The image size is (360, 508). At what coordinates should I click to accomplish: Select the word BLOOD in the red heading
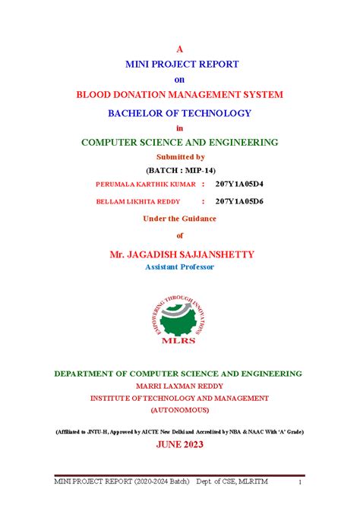(x=96, y=95)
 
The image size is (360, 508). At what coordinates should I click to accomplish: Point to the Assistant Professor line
(x=179, y=267)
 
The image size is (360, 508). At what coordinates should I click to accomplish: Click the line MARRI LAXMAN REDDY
(x=179, y=386)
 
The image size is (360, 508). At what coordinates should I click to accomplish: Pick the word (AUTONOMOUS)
(x=179, y=409)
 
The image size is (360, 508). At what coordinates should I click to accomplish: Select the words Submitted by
(x=179, y=156)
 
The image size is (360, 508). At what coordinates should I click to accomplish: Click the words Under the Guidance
(x=179, y=219)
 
